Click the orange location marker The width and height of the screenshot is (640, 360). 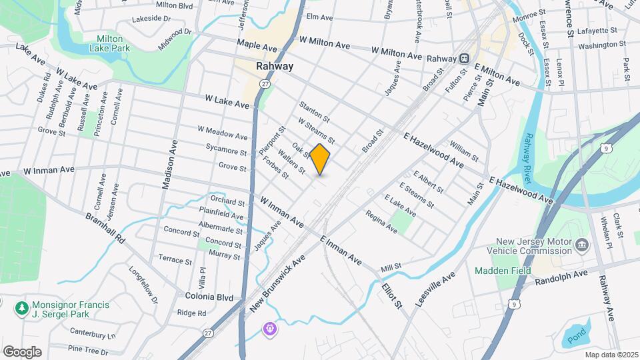(320, 159)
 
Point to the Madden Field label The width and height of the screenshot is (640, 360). (503, 271)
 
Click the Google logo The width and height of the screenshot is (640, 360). (22, 351)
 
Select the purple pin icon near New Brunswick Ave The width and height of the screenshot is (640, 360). (269, 329)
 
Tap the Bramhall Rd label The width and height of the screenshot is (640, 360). (105, 228)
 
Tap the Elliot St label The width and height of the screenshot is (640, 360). (392, 295)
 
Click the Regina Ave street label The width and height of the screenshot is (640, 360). (381, 223)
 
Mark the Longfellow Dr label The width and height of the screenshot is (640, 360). (143, 287)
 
